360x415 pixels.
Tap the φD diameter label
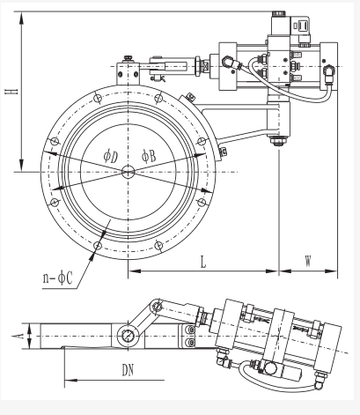click(x=111, y=156)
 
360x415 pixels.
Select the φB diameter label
click(x=149, y=156)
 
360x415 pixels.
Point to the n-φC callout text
click(x=57, y=278)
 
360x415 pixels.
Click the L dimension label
click(x=203, y=262)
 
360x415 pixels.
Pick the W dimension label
click(x=308, y=261)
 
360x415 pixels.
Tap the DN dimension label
click(x=128, y=370)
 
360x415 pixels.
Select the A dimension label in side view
click(x=18, y=336)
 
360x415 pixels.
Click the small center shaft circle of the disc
click(x=129, y=172)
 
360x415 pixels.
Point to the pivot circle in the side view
click(x=129, y=336)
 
